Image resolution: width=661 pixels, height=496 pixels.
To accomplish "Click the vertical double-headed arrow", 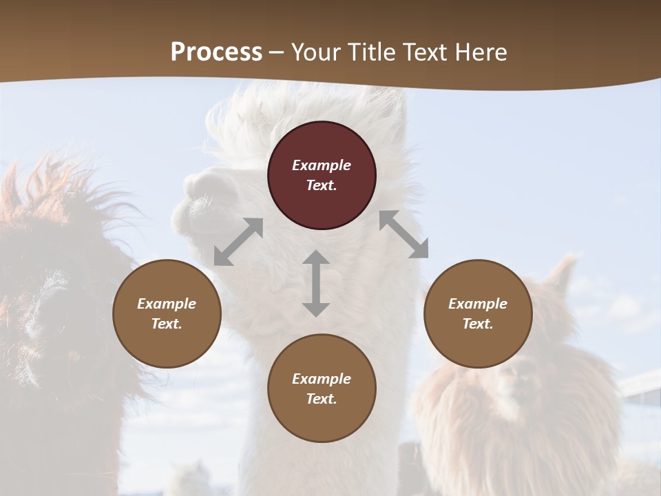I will (x=316, y=283).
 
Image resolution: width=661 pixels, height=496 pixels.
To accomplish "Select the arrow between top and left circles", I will (x=238, y=242).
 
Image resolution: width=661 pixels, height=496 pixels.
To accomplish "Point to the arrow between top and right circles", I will (x=403, y=234).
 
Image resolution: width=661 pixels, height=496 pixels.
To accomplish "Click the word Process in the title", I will (x=216, y=52).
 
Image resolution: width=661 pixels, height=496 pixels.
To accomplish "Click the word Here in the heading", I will (x=481, y=52).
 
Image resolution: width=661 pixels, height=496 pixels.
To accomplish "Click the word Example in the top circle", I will (x=322, y=165).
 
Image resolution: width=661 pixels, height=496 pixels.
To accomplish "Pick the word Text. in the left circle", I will (x=167, y=324).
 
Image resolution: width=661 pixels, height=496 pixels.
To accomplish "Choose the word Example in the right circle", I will (x=478, y=304).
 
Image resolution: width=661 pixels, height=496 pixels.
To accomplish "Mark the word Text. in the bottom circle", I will (x=322, y=399).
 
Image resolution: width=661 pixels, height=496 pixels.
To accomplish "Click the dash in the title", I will (x=276, y=52).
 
